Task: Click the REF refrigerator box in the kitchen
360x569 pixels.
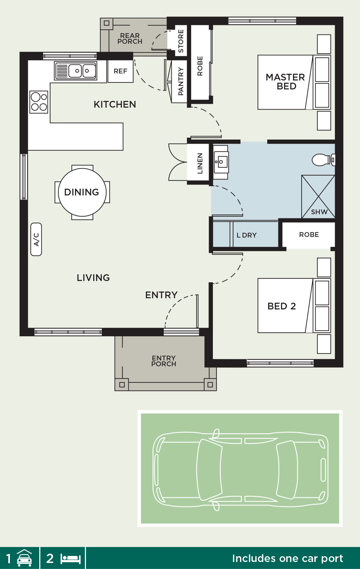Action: tap(120, 71)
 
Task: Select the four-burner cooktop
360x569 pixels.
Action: tap(39, 102)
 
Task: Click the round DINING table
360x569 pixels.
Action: tap(82, 192)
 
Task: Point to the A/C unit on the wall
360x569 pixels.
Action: tap(36, 239)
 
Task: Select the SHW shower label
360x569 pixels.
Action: tap(319, 212)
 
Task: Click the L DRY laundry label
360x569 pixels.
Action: tap(246, 235)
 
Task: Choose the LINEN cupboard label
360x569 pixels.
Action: tap(200, 163)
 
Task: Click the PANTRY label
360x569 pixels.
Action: tap(181, 81)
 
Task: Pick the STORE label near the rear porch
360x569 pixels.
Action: tap(181, 41)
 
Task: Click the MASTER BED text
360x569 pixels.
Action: tap(285, 82)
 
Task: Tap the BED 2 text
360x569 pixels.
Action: tap(281, 306)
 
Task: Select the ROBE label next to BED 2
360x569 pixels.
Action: tap(309, 235)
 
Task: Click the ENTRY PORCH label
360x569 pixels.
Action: tap(164, 361)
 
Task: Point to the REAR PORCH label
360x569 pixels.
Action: tap(130, 39)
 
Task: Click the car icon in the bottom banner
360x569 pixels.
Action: tap(24, 558)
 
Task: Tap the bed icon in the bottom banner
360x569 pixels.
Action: tap(71, 559)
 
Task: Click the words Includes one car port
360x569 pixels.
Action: tap(287, 558)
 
